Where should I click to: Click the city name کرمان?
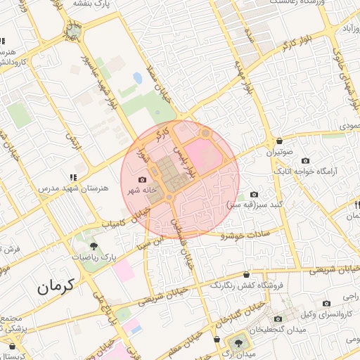[57, 287]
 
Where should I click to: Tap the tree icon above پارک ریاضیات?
[93, 245]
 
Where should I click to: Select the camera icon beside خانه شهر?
[143, 181]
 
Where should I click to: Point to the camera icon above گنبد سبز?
[254, 194]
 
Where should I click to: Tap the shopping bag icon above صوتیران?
[280, 141]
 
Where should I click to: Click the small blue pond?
[137, 77]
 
